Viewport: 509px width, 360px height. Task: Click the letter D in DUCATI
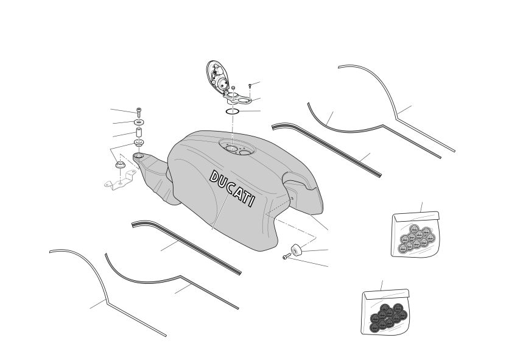(x=214, y=177)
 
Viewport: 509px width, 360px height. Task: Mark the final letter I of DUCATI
(x=251, y=201)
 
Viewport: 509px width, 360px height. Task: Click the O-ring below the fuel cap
(x=233, y=111)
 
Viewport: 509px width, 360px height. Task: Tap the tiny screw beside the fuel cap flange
(x=250, y=86)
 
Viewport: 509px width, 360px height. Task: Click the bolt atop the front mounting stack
(x=139, y=112)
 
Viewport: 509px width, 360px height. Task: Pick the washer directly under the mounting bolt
(x=139, y=122)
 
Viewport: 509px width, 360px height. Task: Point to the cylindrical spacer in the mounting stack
(x=139, y=133)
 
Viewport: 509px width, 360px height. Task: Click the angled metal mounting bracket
(x=119, y=181)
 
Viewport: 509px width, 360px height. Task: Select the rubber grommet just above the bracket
(x=120, y=164)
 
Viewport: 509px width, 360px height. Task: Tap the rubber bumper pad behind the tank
(x=296, y=249)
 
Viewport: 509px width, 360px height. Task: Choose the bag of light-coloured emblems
(x=415, y=234)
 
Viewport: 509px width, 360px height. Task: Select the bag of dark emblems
(x=385, y=312)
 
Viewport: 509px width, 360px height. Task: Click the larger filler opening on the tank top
(x=232, y=149)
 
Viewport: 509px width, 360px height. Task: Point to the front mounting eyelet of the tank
(x=139, y=157)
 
